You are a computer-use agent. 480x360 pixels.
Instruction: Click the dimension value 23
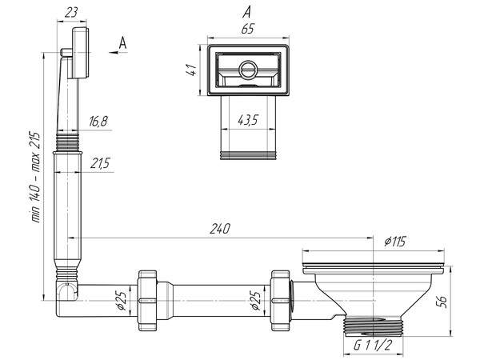71,12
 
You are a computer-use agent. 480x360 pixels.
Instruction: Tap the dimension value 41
190,70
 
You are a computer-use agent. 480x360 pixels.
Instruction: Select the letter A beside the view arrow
122,42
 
